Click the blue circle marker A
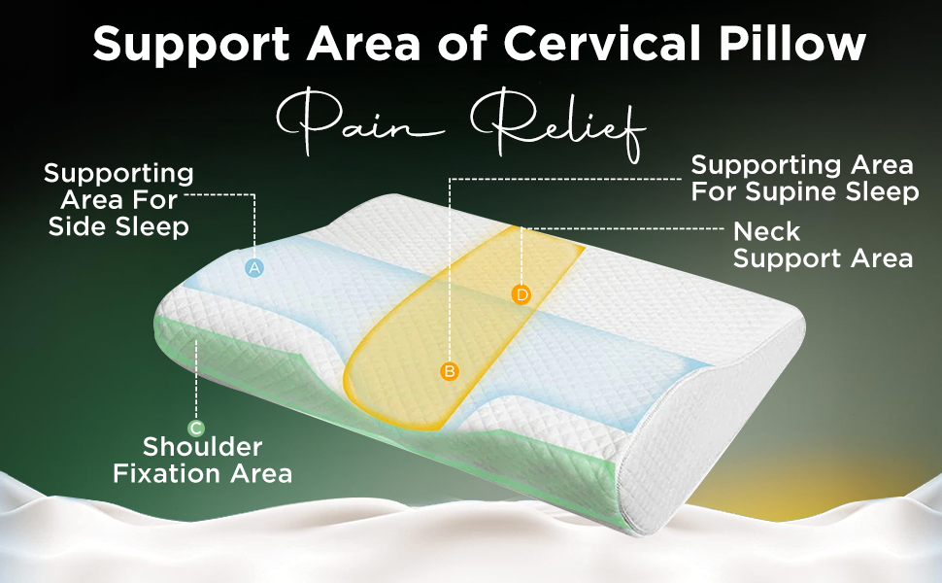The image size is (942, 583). tap(254, 267)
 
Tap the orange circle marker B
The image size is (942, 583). tap(449, 370)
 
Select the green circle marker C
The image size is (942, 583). tap(196, 427)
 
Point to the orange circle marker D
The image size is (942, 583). tap(521, 293)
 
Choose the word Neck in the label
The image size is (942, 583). tap(766, 232)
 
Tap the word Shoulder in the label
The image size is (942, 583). tap(203, 447)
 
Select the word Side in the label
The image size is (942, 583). tap(82, 226)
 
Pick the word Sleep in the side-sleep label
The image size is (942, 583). tap(153, 226)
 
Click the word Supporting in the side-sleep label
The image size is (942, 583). tap(118, 174)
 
